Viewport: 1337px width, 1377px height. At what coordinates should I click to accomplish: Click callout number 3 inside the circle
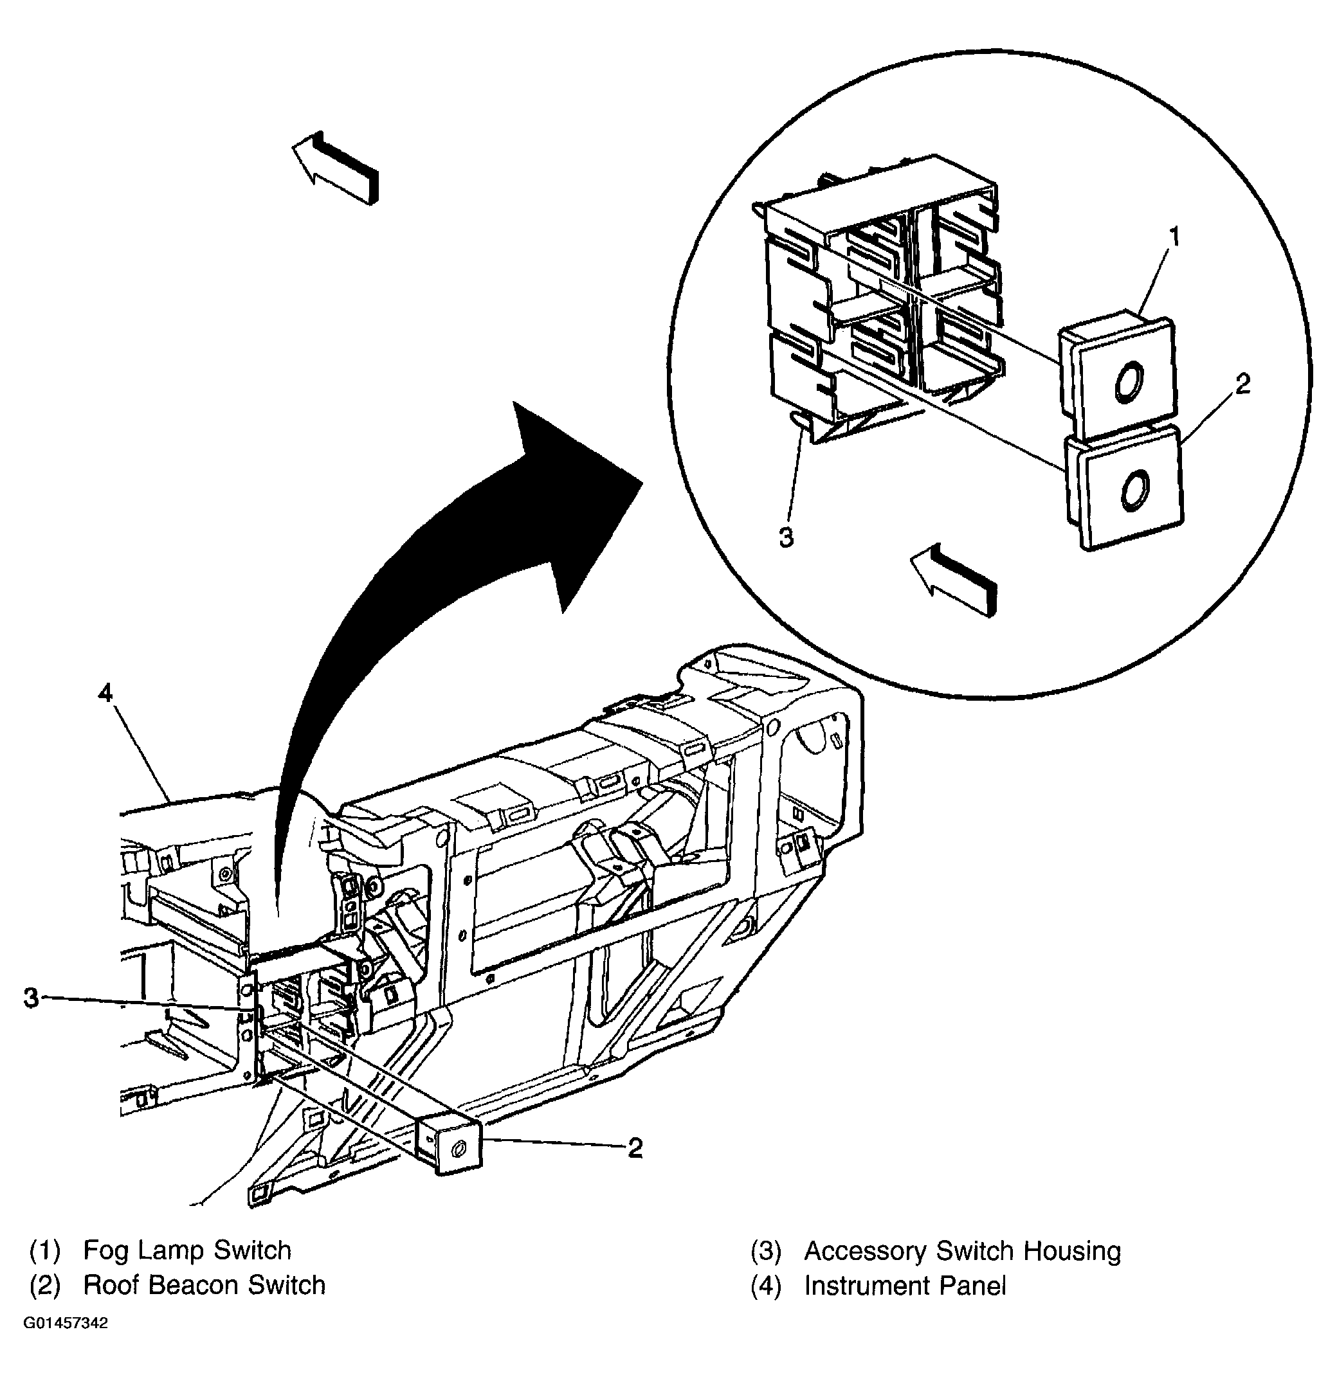coord(787,537)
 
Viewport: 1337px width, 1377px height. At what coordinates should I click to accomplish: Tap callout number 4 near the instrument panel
coord(105,694)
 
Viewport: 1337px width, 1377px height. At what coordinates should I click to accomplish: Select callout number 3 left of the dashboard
coord(31,997)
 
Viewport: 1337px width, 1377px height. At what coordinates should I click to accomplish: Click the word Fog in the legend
coord(107,1250)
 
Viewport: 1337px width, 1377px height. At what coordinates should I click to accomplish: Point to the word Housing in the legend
coord(1072,1250)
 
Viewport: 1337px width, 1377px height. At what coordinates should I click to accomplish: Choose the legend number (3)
coord(765,1250)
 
